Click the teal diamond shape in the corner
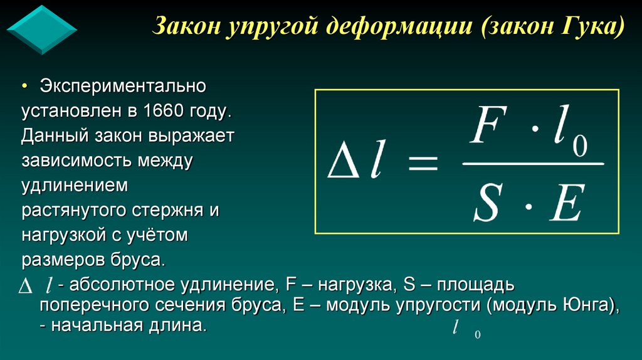tap(41, 29)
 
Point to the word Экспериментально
tap(124, 86)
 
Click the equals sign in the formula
tap(421, 166)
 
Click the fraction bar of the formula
tap(533, 165)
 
